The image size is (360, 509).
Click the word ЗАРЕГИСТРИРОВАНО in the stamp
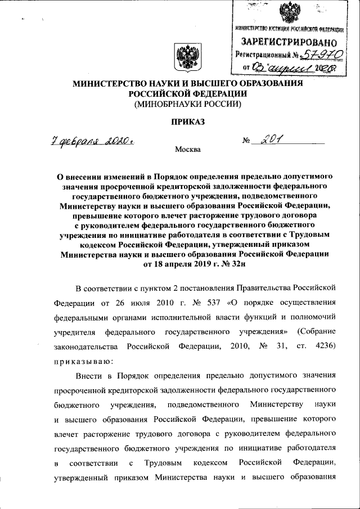click(289, 42)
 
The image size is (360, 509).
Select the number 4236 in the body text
click(325, 345)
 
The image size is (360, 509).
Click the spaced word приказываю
click(84, 358)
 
